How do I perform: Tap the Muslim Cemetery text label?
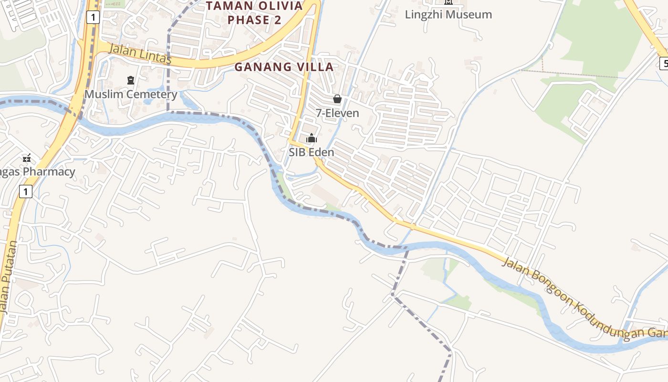click(x=131, y=94)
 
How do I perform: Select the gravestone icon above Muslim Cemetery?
click(x=131, y=80)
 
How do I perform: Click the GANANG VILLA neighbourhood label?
click(x=283, y=67)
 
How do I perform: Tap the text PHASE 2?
click(x=254, y=20)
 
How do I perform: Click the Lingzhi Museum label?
click(x=448, y=14)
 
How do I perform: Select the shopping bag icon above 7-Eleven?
click(x=337, y=99)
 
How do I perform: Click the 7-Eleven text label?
click(x=337, y=113)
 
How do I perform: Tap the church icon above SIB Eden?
click(x=312, y=138)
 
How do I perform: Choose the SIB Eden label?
click(x=312, y=152)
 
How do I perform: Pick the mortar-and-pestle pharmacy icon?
click(x=27, y=158)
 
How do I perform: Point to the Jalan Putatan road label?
click(x=8, y=277)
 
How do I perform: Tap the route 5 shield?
click(x=664, y=63)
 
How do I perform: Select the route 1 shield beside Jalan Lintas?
click(x=93, y=18)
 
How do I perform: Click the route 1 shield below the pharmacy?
click(x=26, y=192)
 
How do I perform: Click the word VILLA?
click(x=312, y=67)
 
